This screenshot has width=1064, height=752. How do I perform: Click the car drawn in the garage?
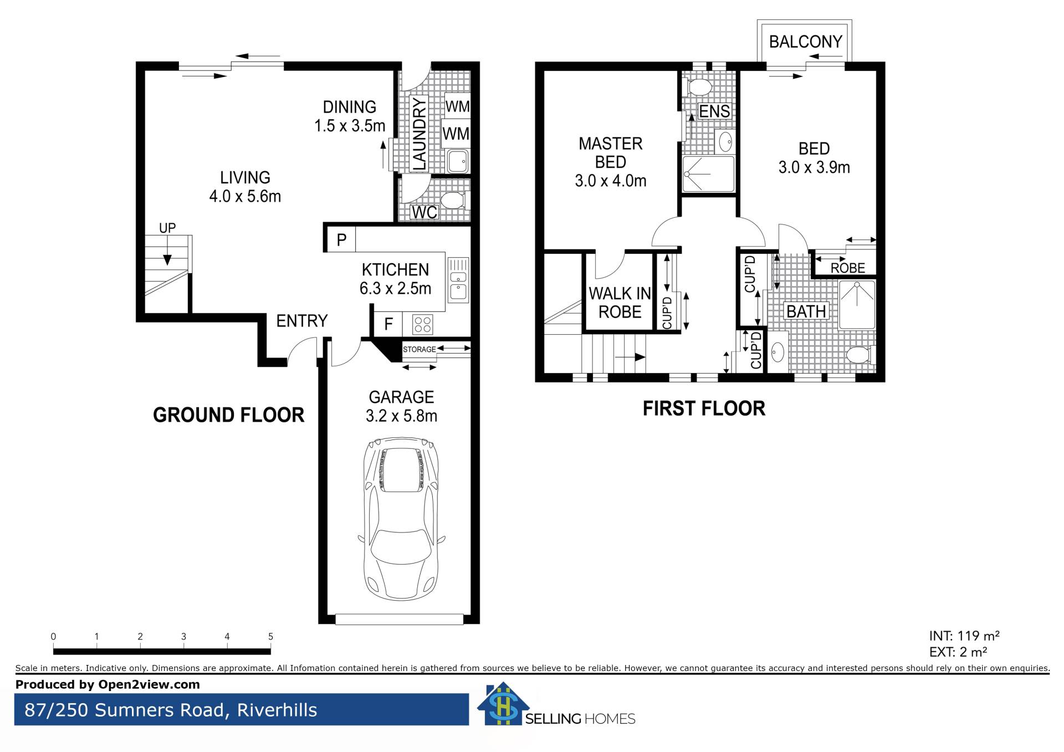[402, 518]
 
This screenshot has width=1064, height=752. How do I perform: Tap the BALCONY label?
[805, 42]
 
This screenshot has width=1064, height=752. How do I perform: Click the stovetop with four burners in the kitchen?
[423, 324]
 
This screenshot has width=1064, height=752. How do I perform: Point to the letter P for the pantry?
[341, 239]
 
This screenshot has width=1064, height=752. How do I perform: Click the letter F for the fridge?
[388, 324]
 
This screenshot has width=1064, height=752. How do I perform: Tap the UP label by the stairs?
[167, 228]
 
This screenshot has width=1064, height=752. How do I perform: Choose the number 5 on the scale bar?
[270, 636]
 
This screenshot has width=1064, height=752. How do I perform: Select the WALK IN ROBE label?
[620, 303]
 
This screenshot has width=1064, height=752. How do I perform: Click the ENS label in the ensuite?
[714, 111]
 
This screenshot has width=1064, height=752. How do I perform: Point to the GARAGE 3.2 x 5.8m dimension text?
[401, 406]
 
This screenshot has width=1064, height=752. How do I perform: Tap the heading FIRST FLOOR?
[704, 408]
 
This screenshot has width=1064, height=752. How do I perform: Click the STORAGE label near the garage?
[420, 349]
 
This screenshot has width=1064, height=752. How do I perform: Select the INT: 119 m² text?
[964, 636]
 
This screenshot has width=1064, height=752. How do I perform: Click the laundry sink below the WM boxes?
[458, 162]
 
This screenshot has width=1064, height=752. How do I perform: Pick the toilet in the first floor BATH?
[861, 354]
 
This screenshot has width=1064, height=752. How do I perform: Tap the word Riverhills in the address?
[277, 710]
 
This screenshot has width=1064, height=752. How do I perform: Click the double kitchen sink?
[458, 280]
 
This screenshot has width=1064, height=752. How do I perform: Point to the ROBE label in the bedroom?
[848, 268]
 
